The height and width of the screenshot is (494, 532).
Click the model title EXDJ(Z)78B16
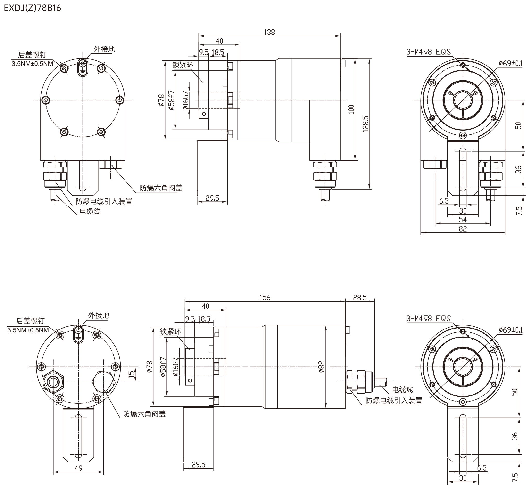tap(32, 8)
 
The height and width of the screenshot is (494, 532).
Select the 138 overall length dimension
tap(269, 32)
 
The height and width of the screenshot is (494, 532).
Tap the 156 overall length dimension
tap(265, 297)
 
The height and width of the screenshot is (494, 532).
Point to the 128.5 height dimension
tap(366, 124)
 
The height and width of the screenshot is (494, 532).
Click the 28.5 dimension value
tap(360, 297)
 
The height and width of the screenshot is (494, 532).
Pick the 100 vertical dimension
tap(351, 109)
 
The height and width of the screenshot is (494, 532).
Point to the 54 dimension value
tap(463, 220)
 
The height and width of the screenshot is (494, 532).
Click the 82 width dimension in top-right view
tap(463, 229)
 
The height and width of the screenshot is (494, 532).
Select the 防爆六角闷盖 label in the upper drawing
tap(161, 188)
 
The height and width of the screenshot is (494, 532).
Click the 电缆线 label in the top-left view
tap(90, 211)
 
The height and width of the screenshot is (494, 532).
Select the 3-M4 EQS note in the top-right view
tap(429, 52)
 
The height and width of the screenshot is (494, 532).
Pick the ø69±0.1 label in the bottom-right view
tap(510, 330)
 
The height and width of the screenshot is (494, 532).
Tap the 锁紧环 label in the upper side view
tap(183, 65)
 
